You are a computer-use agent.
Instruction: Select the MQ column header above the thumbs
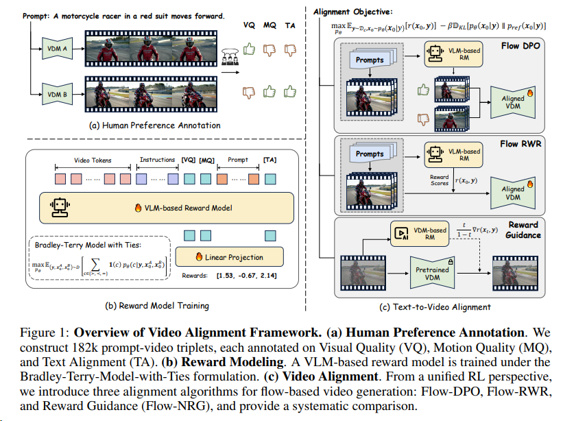271,26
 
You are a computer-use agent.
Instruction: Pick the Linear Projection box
229,258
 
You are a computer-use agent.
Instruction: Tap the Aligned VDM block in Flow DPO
513,103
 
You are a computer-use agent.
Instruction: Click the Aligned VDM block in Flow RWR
513,193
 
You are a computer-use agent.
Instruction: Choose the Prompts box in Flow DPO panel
370,60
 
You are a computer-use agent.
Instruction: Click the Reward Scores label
440,180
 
